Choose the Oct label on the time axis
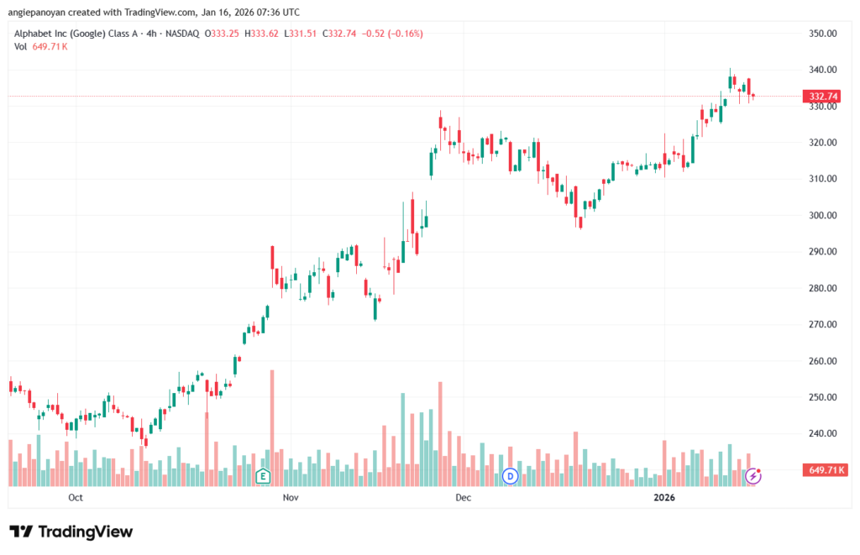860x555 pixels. (76, 498)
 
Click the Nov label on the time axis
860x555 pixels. (291, 498)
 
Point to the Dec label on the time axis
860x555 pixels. (462, 498)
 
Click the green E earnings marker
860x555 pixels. (263, 477)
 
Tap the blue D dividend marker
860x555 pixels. (509, 477)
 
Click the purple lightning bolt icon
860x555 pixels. (753, 477)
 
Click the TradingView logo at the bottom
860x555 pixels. (71, 531)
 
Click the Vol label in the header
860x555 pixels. (21, 46)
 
